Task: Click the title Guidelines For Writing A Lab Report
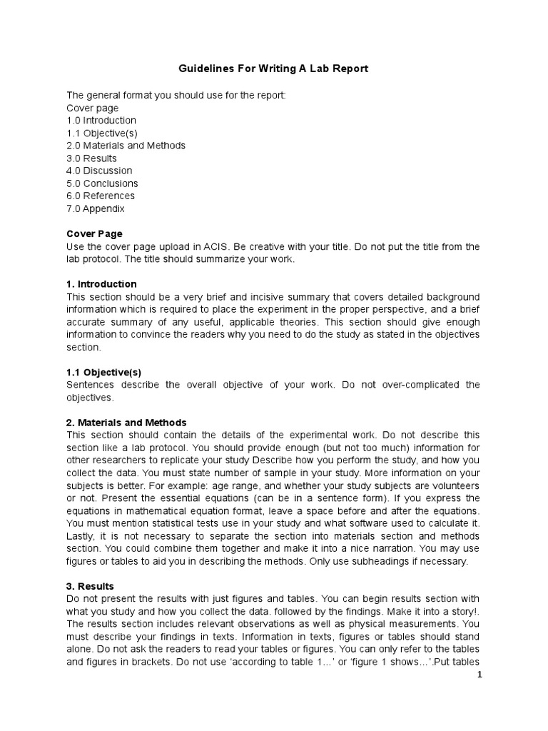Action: [273, 69]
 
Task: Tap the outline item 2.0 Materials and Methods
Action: [126, 146]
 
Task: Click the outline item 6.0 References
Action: [101, 196]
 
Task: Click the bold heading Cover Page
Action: [94, 233]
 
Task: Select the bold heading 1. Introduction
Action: [101, 284]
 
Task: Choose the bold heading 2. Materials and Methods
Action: [126, 423]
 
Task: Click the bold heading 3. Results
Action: [90, 585]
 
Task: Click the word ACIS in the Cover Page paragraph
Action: [192, 246]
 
